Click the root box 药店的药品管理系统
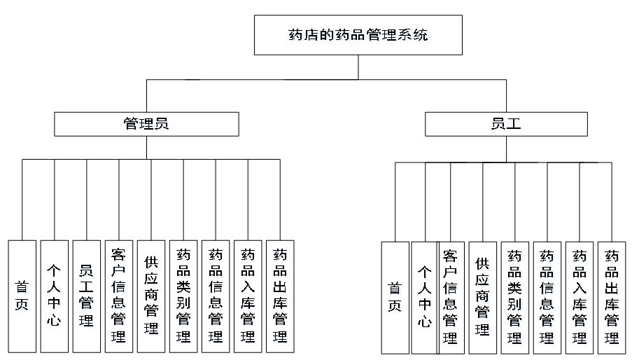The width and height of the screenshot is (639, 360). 358,35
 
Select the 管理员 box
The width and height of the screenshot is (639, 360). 146,124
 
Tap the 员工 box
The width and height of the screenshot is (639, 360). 506,124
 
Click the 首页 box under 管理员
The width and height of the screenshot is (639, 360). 22,296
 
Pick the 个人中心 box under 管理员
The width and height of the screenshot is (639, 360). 54,296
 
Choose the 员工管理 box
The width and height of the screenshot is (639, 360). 86,296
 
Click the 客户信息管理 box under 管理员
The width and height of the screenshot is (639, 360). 118,296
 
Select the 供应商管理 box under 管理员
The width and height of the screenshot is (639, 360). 150,296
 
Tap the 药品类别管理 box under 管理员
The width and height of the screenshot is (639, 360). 183,296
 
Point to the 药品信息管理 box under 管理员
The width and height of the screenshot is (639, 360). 216,296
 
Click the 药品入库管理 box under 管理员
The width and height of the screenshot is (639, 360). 248,296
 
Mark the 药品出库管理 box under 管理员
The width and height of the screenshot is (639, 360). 280,296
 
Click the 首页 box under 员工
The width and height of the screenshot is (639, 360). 395,298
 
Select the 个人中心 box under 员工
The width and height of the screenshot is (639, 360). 425,298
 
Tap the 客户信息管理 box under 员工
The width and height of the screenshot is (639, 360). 451,298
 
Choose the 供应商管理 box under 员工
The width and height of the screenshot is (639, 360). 483,298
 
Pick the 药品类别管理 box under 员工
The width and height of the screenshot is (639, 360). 515,298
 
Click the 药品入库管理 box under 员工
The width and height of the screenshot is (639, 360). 580,298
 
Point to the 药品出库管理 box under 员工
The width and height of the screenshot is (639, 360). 612,298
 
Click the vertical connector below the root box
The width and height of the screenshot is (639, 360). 358,67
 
